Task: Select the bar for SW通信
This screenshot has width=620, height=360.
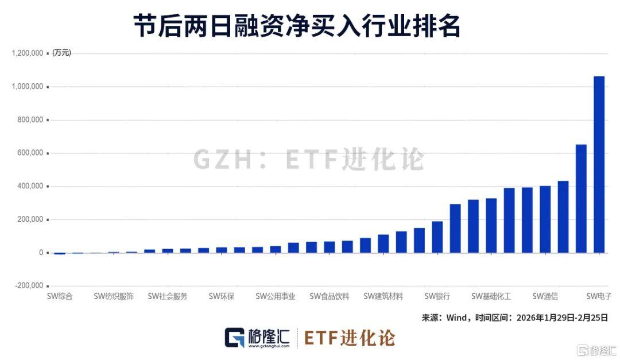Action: pyautogui.click(x=545, y=219)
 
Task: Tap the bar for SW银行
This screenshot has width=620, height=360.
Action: pyautogui.click(x=437, y=237)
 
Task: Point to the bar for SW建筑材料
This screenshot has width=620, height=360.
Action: pyautogui.click(x=383, y=243)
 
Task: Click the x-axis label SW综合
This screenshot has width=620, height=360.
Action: pyautogui.click(x=59, y=297)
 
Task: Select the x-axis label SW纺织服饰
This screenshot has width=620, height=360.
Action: pyautogui.click(x=114, y=297)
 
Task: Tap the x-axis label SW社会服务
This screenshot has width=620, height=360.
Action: pyautogui.click(x=168, y=297)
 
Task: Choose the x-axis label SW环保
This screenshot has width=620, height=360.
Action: pyautogui.click(x=222, y=297)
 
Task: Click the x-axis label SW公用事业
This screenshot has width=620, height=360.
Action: pyautogui.click(x=276, y=297)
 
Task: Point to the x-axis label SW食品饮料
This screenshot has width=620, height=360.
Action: pyautogui.click(x=330, y=297)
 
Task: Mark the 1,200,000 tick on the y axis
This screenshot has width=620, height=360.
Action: pyautogui.click(x=28, y=53)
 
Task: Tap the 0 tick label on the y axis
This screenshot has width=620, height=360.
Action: pyautogui.click(x=41, y=253)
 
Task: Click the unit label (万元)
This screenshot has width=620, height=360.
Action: pyautogui.click(x=61, y=53)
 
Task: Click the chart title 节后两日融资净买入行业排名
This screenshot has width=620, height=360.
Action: pyautogui.click(x=297, y=26)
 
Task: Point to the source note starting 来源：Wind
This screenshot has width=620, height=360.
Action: pyautogui.click(x=514, y=317)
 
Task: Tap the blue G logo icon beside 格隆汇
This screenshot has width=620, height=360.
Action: pyautogui.click(x=235, y=338)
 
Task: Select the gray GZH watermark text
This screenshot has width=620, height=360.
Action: pyautogui.click(x=308, y=159)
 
